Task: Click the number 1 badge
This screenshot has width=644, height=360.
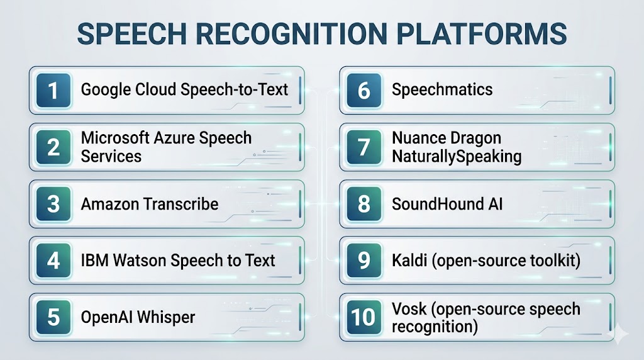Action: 53,91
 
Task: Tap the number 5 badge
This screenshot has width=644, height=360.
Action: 53,317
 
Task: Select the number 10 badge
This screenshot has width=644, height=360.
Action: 364,317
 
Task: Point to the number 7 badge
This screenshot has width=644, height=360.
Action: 364,147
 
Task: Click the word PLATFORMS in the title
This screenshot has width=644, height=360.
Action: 482,34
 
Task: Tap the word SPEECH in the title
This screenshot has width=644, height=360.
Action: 132,34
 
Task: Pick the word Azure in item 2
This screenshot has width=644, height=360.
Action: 174,138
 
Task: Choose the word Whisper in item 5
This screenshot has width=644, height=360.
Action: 166,318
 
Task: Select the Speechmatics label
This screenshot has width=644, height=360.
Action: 442,90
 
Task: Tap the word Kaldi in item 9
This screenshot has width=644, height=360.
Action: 409,261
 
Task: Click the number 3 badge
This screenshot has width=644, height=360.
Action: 53,204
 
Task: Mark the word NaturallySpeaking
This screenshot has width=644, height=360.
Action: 457,157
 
